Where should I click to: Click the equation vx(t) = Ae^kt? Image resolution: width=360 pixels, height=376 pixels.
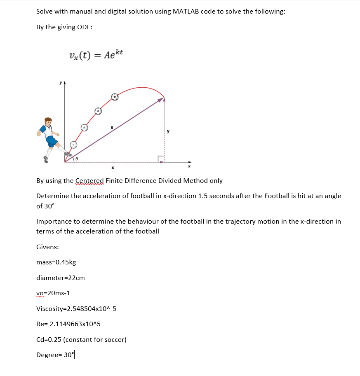coord(96,54)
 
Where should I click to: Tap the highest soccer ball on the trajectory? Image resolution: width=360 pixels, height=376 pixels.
coord(115,97)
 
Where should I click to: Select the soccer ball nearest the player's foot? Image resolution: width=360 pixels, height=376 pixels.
coord(73,145)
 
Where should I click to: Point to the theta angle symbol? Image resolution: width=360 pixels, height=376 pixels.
coord(77,158)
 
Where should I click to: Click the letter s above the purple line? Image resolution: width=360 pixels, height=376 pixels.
coord(112,127)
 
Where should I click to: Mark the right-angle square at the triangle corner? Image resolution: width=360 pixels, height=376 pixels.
coord(160,159)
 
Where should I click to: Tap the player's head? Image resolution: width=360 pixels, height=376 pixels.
coord(48,122)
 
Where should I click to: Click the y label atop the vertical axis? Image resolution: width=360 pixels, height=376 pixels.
coord(61,83)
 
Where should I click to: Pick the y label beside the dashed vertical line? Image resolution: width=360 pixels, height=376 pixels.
coord(168,131)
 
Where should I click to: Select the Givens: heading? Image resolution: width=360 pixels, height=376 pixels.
coord(47,247)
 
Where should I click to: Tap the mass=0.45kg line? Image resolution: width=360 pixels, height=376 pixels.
coord(56,262)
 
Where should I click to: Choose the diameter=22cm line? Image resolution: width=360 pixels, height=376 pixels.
coord(61,278)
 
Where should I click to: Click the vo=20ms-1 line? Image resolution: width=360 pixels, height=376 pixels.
coord(53,293)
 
